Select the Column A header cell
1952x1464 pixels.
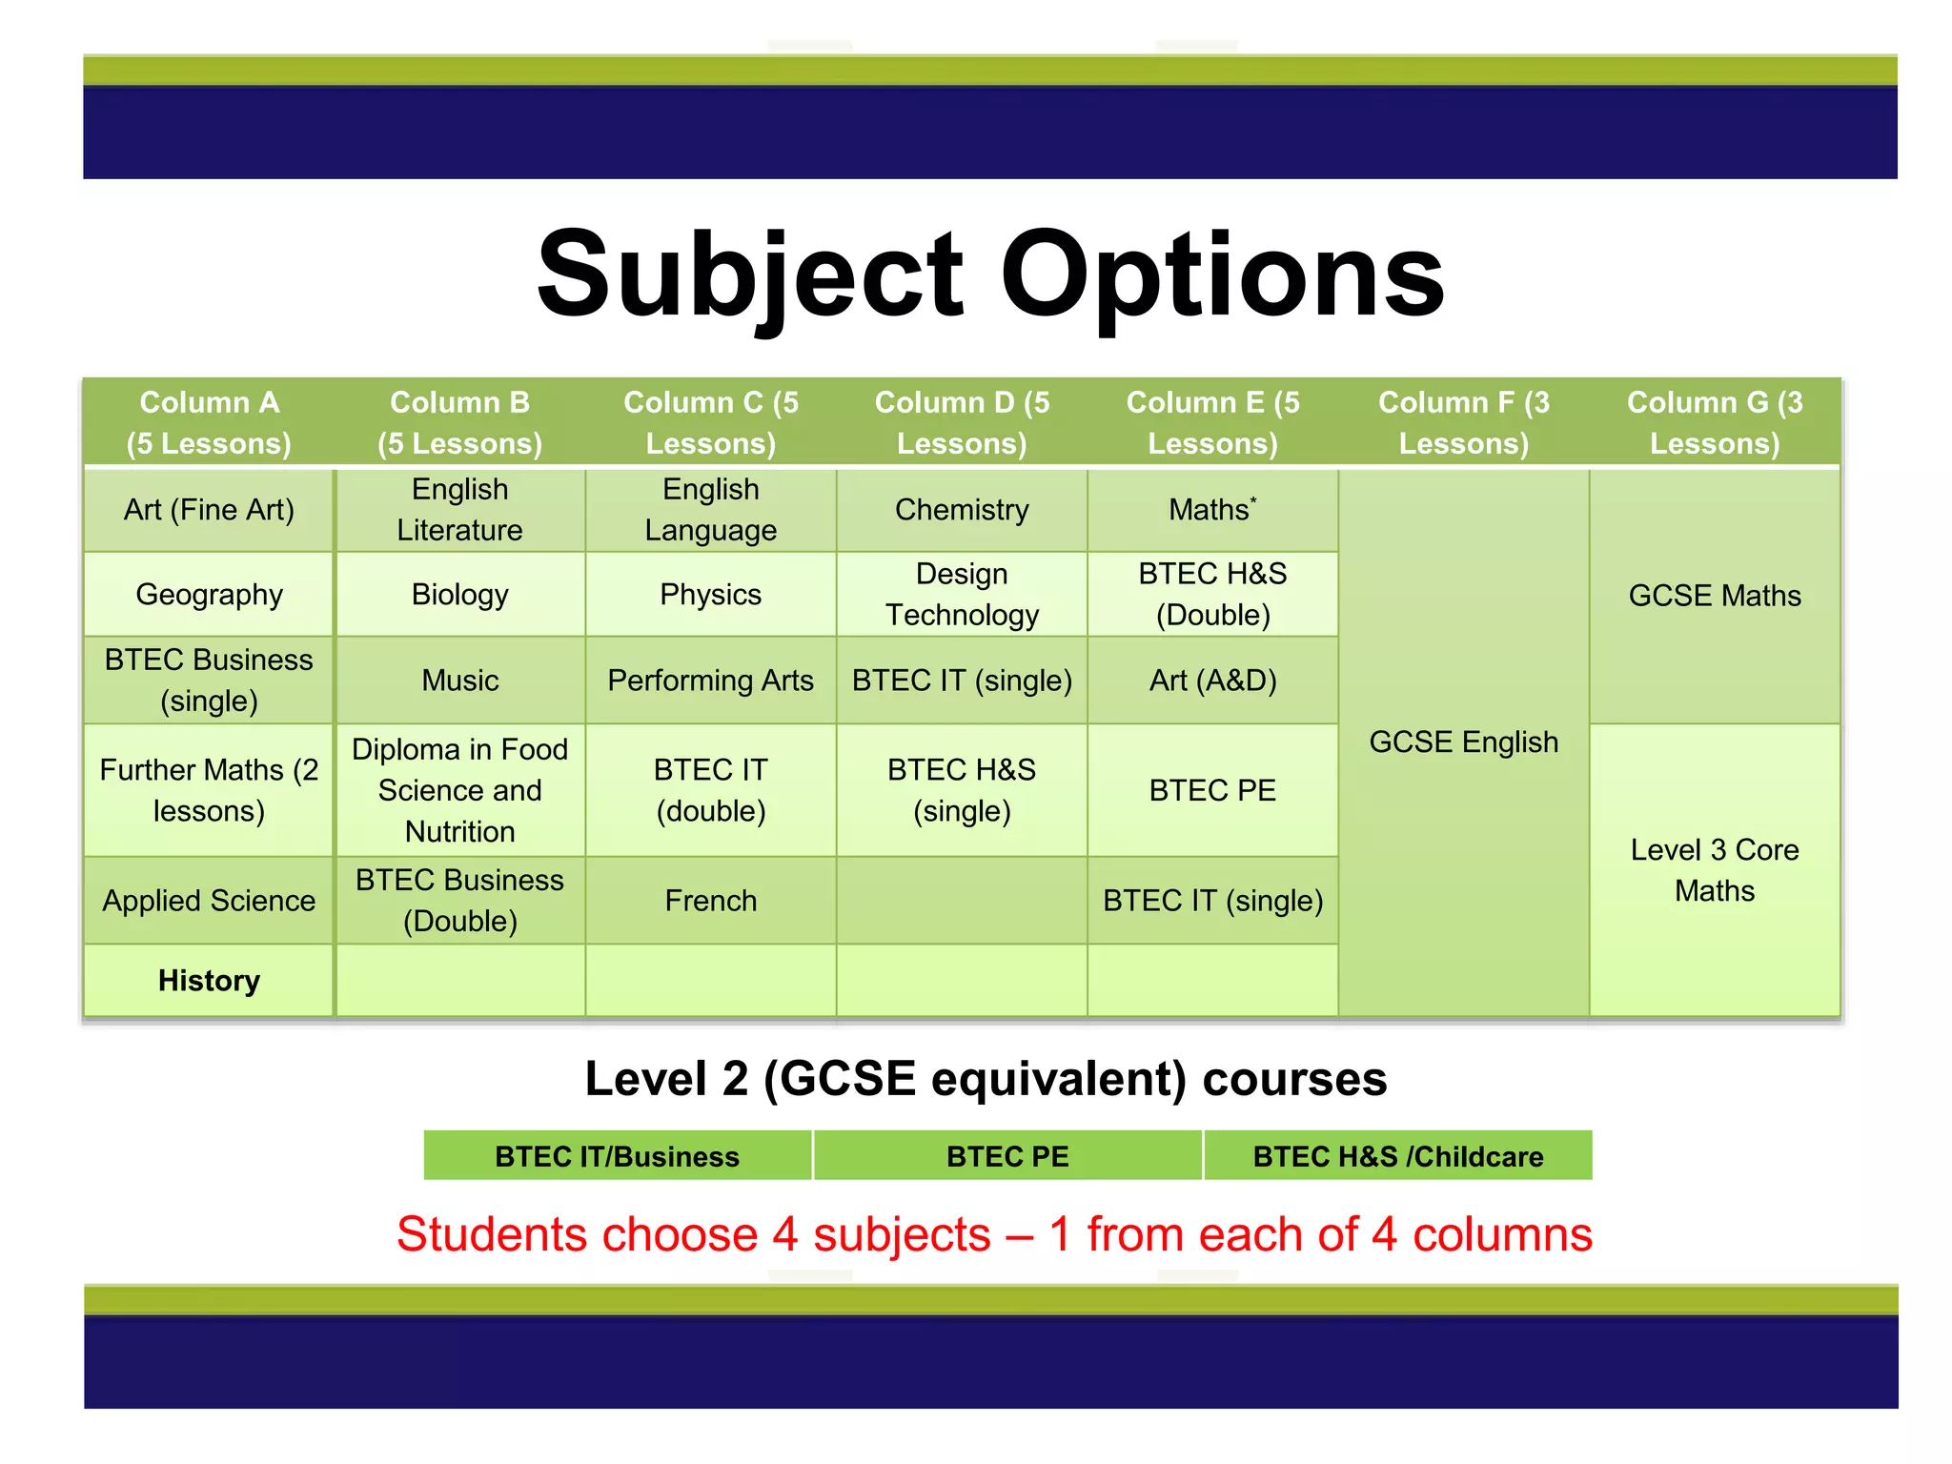(209, 422)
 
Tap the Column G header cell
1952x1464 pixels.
(1714, 422)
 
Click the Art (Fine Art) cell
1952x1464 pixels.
(209, 510)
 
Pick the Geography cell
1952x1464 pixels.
(209, 595)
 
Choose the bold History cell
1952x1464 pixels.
(209, 981)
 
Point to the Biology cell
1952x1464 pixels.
(459, 595)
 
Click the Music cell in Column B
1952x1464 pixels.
(459, 681)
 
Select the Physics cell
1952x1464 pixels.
(710, 595)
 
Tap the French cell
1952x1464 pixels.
(710, 901)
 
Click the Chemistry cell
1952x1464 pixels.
(962, 510)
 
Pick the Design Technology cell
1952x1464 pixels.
(962, 595)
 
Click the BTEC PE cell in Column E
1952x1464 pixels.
(1212, 790)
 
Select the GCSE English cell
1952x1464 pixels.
(1463, 742)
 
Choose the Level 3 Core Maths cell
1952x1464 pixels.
(1714, 870)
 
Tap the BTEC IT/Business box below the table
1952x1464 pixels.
(617, 1156)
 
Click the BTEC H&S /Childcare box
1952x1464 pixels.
(1397, 1156)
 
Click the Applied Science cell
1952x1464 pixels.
(209, 901)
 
